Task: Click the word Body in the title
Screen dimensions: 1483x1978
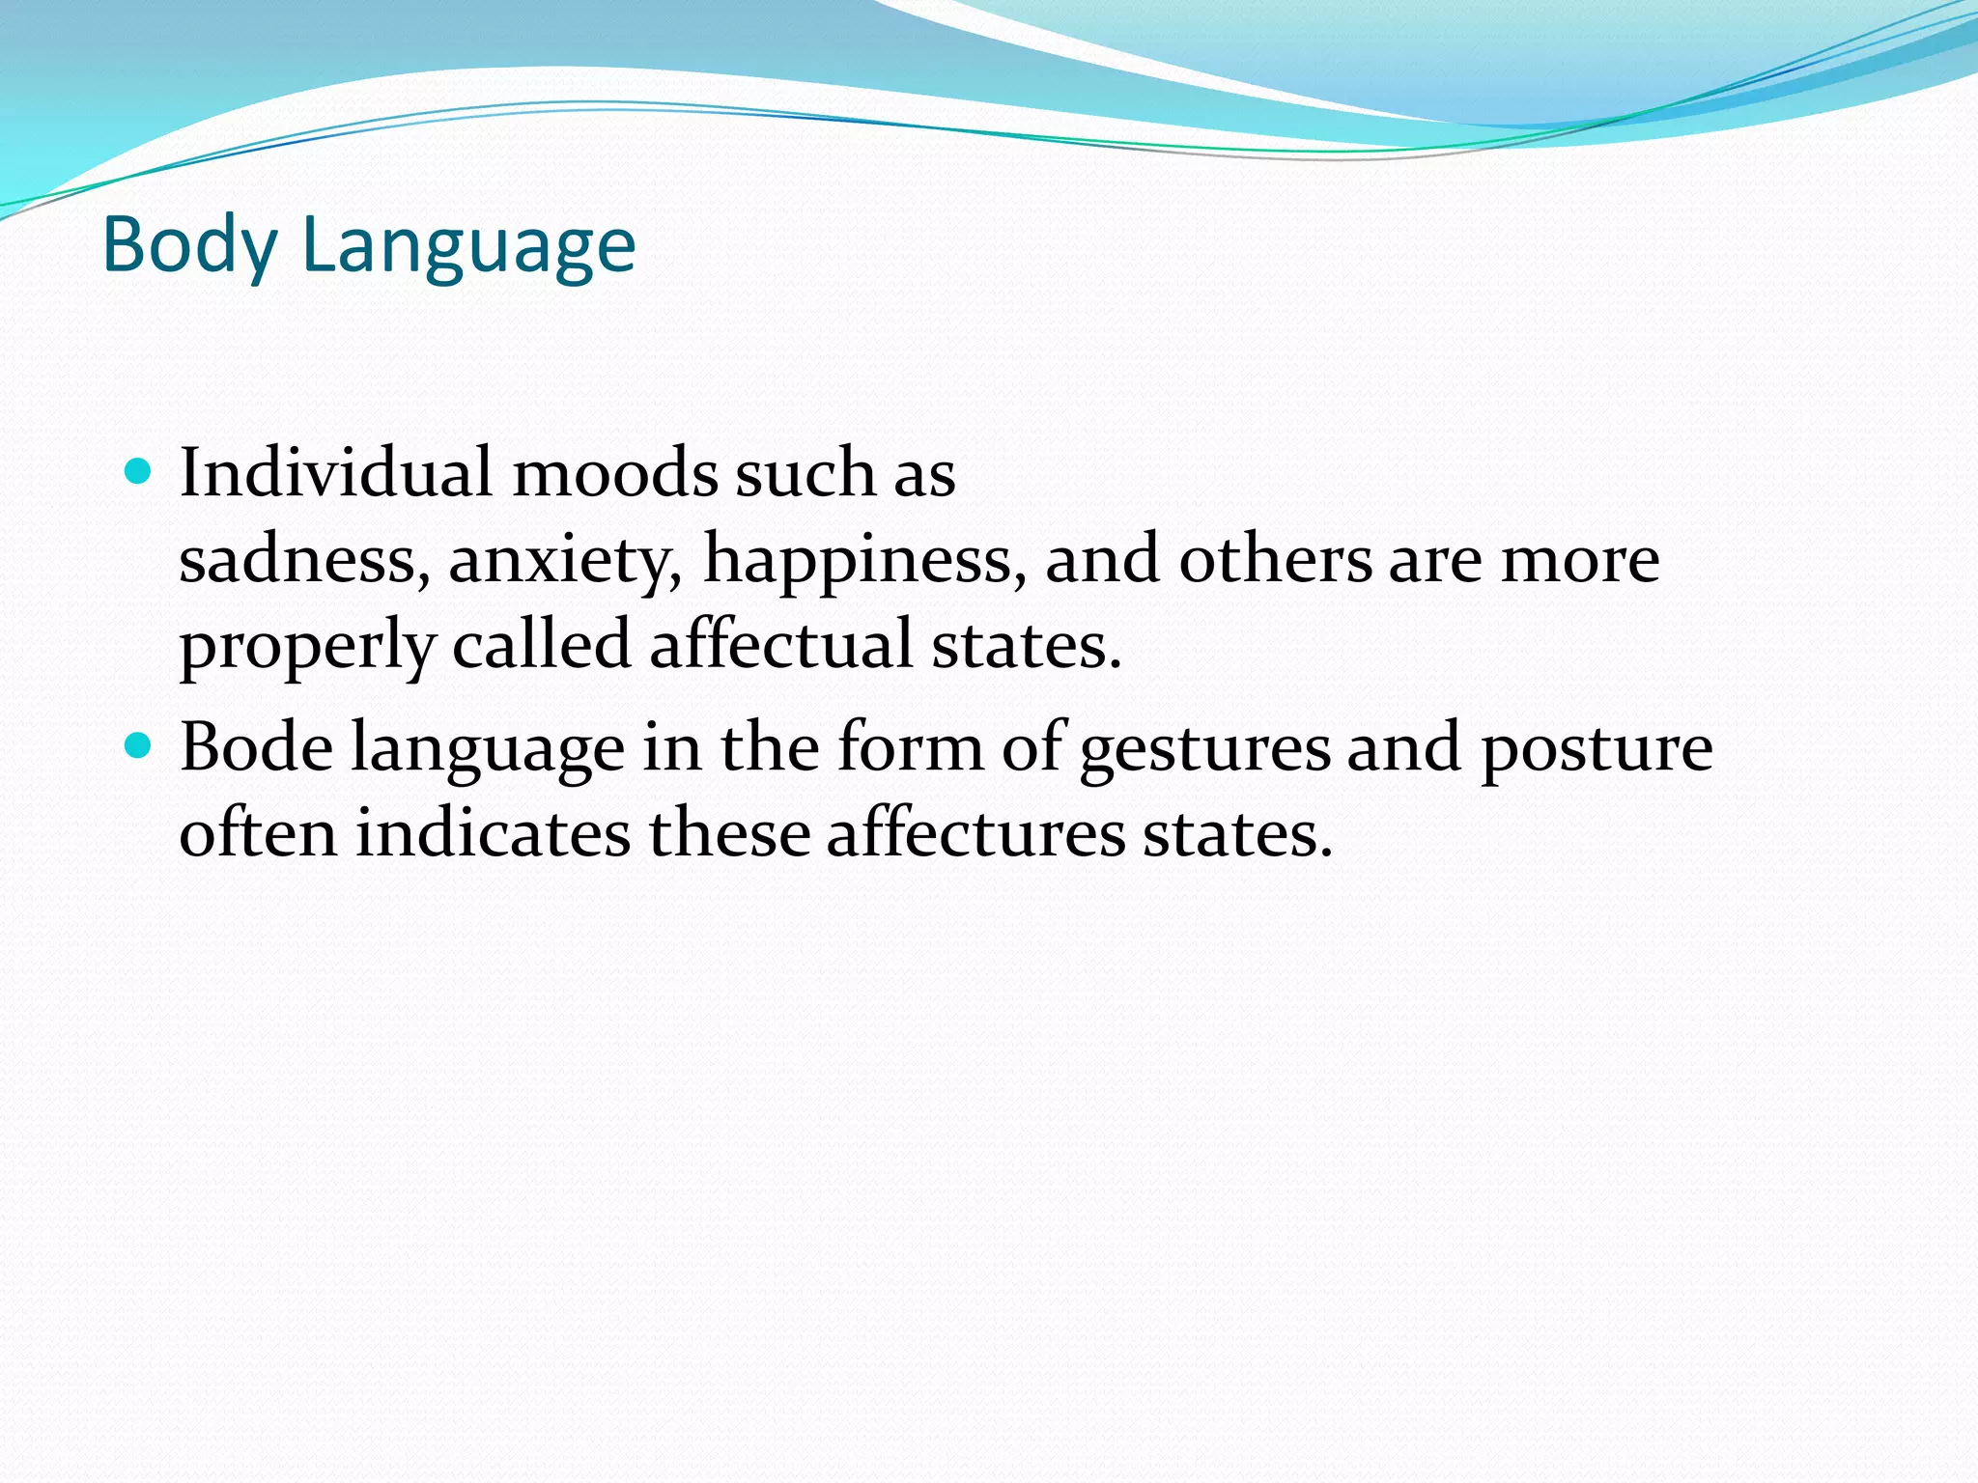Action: coord(189,247)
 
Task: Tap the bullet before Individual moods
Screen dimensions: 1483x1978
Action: coord(139,472)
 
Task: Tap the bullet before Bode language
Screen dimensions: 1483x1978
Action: coord(139,746)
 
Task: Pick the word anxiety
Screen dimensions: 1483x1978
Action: coord(565,560)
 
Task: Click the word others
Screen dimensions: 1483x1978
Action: coord(1275,560)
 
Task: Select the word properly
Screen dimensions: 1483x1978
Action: coord(307,645)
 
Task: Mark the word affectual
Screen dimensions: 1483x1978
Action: coord(780,645)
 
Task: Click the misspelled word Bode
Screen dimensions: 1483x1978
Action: coord(256,747)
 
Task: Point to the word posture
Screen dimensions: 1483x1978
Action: coord(1597,749)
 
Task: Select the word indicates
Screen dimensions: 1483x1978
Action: coord(493,832)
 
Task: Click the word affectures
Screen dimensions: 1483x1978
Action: coord(975,832)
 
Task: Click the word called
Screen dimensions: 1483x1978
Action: coord(541,645)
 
